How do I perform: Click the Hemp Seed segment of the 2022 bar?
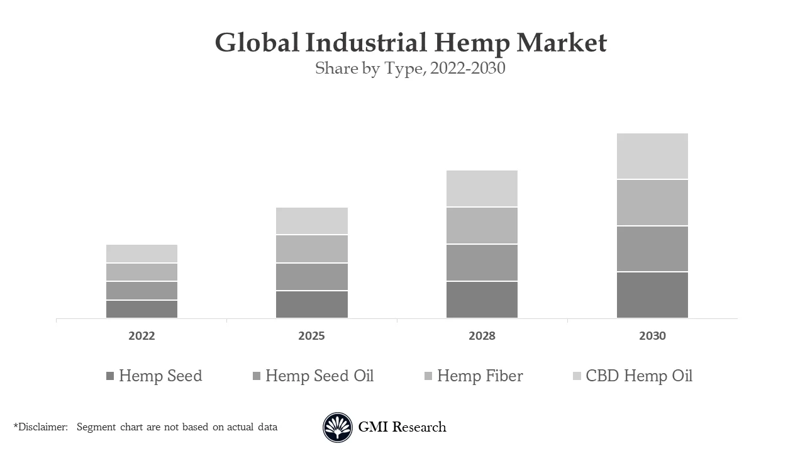click(142, 309)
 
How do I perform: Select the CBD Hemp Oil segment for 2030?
click(652, 156)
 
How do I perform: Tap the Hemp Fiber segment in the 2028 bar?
click(482, 225)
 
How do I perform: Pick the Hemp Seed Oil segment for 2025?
click(311, 276)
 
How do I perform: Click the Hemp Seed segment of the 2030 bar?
click(652, 295)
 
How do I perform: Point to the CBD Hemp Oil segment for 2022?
click(142, 254)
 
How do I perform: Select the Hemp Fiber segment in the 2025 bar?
click(311, 249)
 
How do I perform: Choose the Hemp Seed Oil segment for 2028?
click(482, 262)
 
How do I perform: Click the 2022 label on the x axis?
click(142, 336)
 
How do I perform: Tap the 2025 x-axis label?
click(311, 336)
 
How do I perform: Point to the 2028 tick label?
click(482, 336)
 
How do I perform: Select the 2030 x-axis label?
click(652, 336)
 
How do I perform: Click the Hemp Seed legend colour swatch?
click(110, 376)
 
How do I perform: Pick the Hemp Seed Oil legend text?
click(319, 376)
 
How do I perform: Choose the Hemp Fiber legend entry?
click(480, 376)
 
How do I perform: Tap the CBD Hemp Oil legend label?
click(639, 376)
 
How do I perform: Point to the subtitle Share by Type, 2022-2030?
click(410, 68)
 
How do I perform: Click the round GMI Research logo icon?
click(338, 427)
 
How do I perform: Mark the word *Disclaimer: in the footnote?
click(40, 427)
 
